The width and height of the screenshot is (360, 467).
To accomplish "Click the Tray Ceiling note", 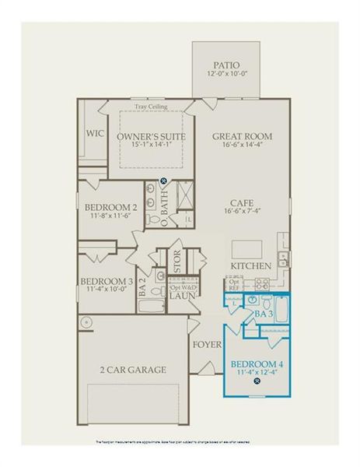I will coord(150,107).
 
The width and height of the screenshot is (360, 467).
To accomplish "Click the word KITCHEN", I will coord(250,266).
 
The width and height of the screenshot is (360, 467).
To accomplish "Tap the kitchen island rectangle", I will coord(248,248).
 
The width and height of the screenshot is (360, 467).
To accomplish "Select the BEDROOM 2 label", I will coord(111,207).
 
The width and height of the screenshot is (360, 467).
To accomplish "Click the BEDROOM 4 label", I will coord(257,363).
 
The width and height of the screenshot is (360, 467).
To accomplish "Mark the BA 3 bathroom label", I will coord(263,314).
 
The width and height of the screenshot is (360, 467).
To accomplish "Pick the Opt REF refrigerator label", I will coord(234,285).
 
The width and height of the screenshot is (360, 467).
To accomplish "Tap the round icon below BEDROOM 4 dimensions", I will coord(257,382).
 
